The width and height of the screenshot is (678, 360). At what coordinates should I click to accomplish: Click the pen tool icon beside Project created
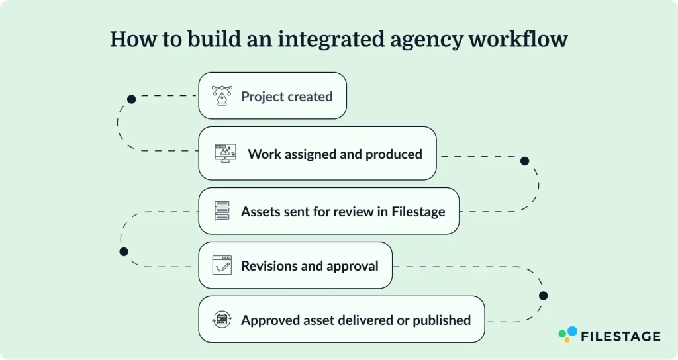222,97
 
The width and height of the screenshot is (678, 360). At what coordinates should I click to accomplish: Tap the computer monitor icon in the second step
225,154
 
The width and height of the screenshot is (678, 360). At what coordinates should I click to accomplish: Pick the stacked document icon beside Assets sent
222,211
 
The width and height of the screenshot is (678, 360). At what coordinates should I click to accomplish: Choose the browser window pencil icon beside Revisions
222,265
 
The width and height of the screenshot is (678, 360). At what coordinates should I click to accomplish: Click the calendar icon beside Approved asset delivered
222,320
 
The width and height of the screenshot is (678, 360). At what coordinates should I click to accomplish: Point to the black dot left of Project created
132,99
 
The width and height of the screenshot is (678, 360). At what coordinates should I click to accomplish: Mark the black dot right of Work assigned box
524,161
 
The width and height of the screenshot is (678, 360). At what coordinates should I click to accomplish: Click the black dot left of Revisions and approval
123,251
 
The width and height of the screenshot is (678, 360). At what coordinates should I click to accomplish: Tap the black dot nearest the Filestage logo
543,296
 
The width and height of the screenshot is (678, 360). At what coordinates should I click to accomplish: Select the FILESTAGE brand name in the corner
620,336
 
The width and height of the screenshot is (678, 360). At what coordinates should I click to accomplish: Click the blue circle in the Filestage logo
571,331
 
